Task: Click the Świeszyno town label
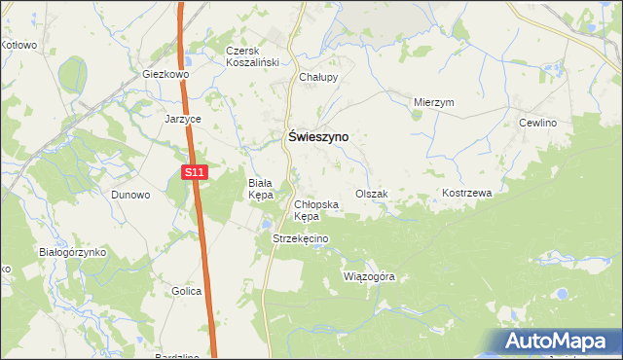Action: (x=317, y=138)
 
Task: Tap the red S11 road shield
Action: (x=195, y=172)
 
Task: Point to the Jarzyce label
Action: (x=182, y=119)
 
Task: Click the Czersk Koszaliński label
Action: (x=252, y=56)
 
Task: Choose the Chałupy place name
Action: (x=317, y=77)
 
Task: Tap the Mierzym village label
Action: (x=434, y=102)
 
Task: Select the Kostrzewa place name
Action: (x=467, y=194)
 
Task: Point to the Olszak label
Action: (x=371, y=194)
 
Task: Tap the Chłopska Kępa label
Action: (x=315, y=210)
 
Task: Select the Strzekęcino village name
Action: (x=301, y=239)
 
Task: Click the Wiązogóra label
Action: (x=369, y=276)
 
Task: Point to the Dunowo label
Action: (x=130, y=195)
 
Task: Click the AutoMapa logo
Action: (x=559, y=342)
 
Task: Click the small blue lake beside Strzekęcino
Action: (x=266, y=227)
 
